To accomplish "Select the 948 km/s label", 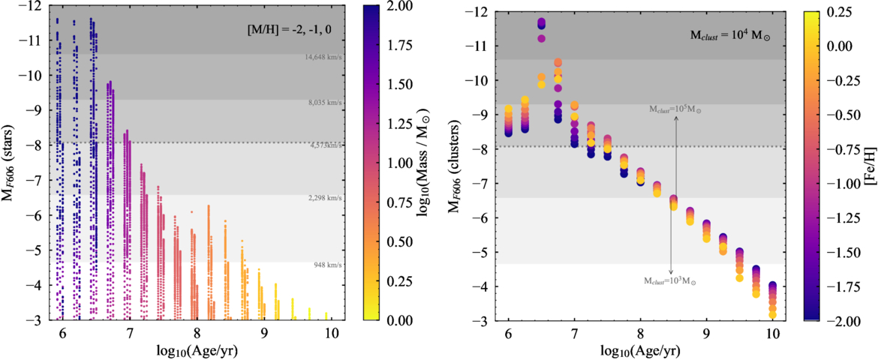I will point(329,265).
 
